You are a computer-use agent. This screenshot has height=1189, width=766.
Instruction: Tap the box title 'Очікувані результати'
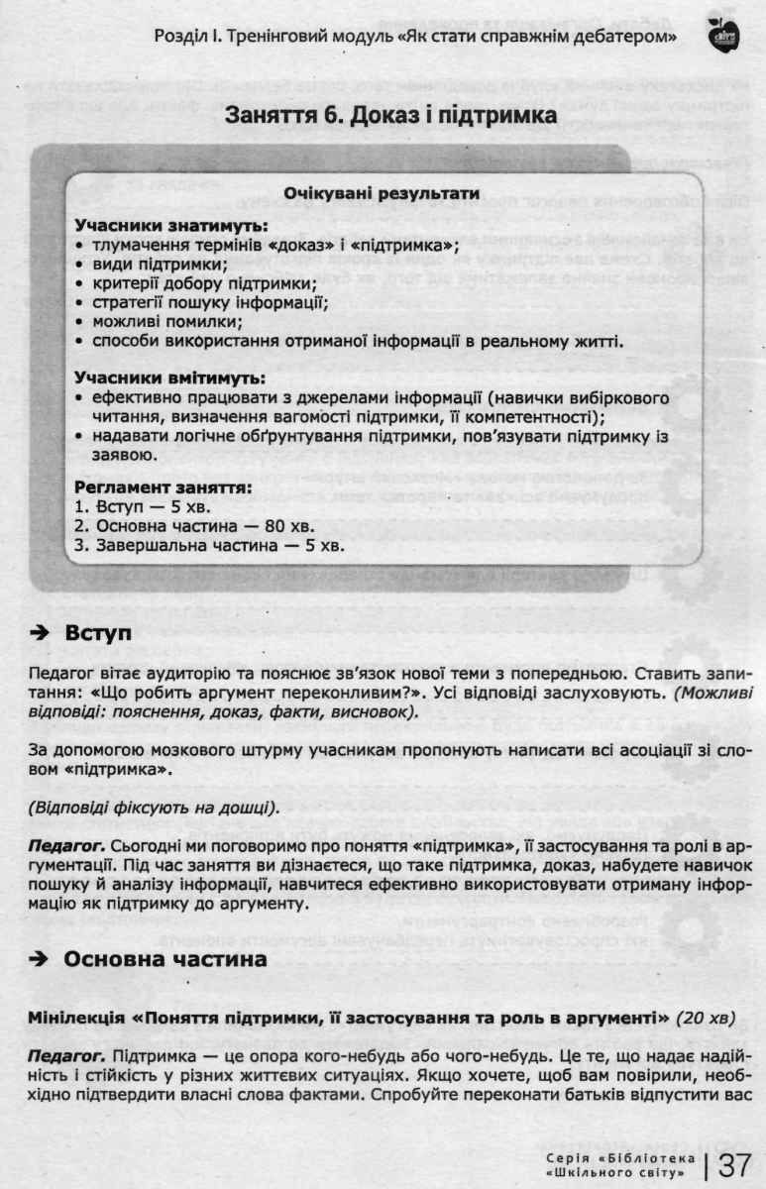[x=382, y=194]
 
